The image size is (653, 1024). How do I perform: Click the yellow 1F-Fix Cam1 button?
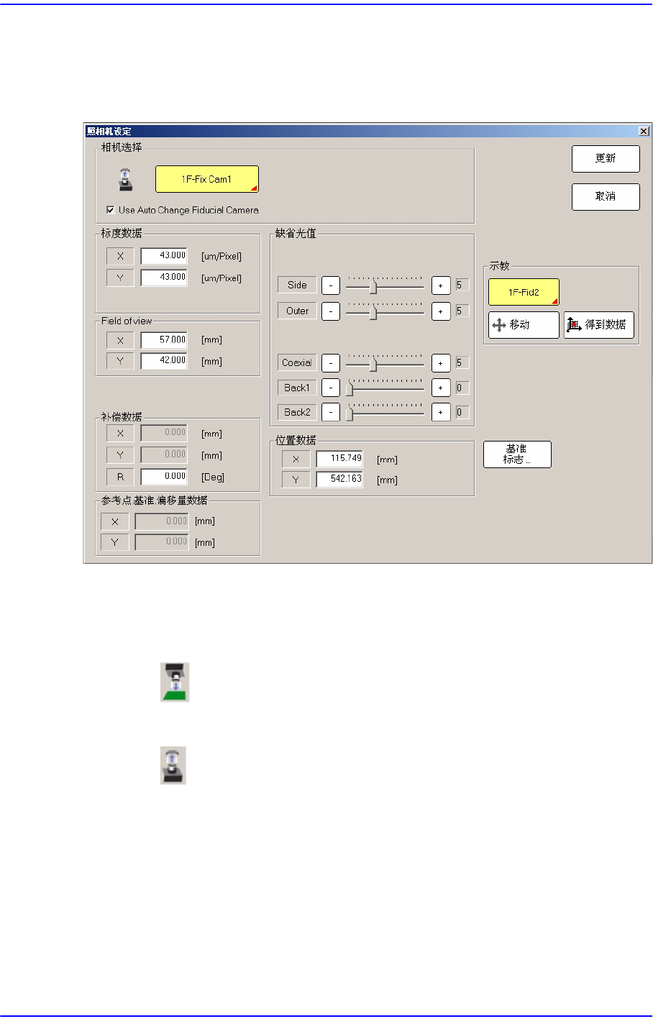206,179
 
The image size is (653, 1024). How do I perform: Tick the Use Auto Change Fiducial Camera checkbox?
110,210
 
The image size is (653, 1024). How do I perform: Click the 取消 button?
605,196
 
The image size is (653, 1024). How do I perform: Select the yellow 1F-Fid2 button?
523,292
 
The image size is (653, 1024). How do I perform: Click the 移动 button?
523,325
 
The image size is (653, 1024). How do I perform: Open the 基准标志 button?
516,454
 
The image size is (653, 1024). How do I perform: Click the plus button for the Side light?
440,285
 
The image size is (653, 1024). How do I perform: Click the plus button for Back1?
440,388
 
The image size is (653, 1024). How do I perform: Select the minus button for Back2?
330,413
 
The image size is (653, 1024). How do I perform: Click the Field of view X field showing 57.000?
164,340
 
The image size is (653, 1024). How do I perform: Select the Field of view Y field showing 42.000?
164,360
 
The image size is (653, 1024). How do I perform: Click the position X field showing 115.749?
339,459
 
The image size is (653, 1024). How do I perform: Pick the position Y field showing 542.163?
339,479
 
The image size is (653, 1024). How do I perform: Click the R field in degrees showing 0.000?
164,476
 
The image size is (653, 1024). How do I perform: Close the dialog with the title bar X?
644,132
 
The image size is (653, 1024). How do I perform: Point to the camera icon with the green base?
174,682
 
